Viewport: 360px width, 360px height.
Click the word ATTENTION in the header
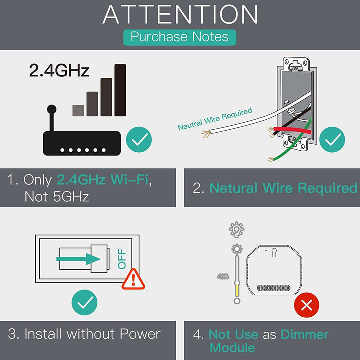[180, 14]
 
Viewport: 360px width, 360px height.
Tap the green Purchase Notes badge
[180, 37]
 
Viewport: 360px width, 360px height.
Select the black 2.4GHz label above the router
[59, 70]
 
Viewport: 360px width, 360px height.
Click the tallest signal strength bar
[120, 90]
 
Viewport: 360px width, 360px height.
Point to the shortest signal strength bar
[78, 110]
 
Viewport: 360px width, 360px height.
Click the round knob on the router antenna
[52, 109]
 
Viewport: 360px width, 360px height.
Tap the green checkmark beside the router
[139, 139]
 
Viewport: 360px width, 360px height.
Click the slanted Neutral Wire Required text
[215, 118]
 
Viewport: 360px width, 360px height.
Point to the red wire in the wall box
[292, 131]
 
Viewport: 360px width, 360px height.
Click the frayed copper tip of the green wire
[270, 159]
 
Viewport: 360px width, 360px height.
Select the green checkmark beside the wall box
[332, 139]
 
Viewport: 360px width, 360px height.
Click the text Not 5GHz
[56, 197]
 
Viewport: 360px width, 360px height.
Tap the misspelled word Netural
[233, 188]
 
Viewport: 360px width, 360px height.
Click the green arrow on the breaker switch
[78, 259]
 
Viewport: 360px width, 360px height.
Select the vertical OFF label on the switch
[122, 259]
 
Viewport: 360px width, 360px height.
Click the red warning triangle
[133, 279]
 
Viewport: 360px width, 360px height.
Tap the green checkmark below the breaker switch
[84, 302]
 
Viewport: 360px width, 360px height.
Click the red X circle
[306, 305]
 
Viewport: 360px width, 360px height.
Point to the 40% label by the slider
[223, 276]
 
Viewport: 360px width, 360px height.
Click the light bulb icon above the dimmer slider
[236, 230]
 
